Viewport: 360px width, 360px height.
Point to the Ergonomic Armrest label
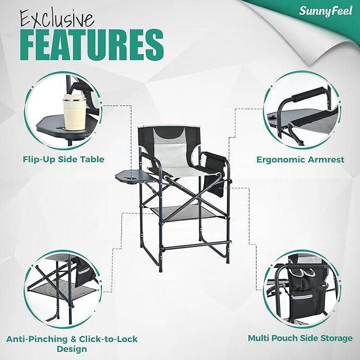pyautogui.click(x=300, y=159)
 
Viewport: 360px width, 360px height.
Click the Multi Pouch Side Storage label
pyautogui.click(x=300, y=338)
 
